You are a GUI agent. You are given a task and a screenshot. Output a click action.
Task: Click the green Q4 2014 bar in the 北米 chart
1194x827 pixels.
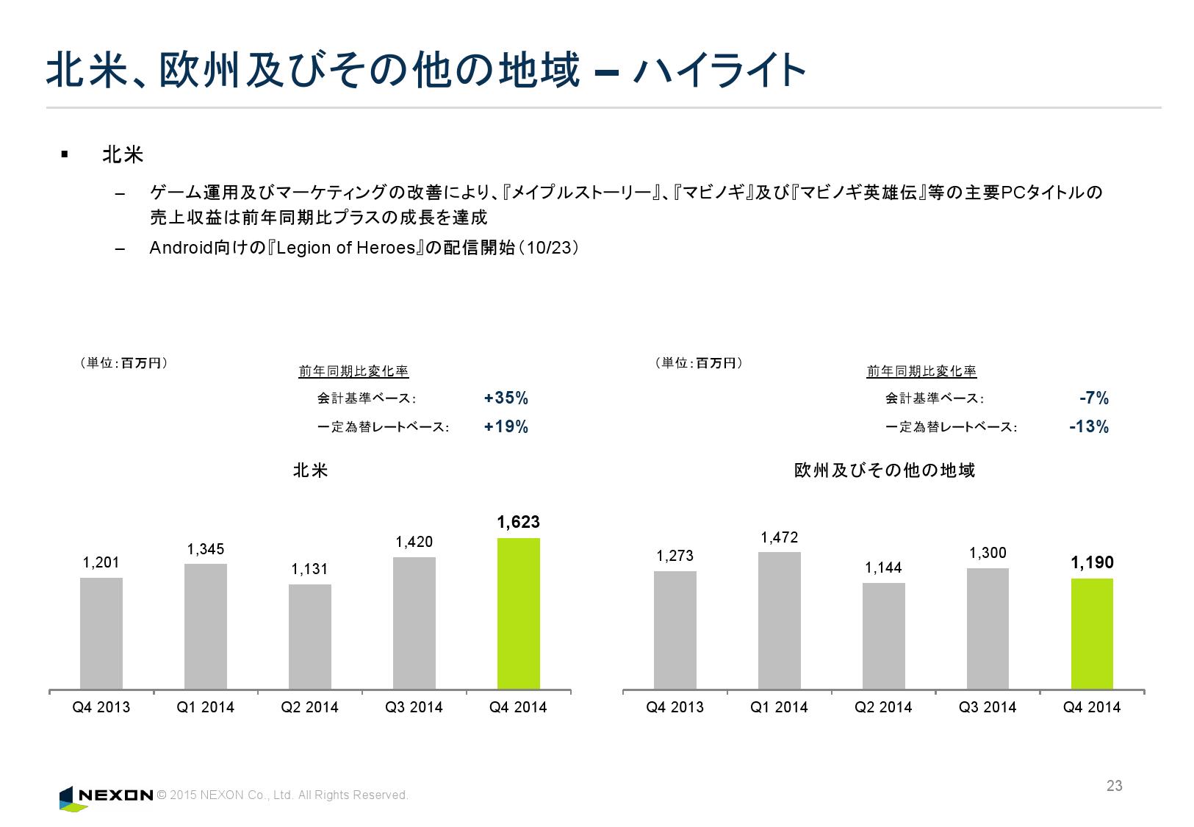(518, 614)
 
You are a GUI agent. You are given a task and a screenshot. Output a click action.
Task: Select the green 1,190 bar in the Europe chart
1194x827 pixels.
(1092, 634)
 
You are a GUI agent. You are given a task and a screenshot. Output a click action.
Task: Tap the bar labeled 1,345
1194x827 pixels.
(206, 626)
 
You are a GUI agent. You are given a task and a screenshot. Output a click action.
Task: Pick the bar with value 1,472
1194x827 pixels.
(779, 620)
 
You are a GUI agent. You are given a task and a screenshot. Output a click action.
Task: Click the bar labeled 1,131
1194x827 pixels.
(310, 637)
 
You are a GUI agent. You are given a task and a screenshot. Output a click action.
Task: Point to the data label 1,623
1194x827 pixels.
(518, 523)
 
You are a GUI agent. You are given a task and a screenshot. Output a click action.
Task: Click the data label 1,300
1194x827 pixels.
(988, 554)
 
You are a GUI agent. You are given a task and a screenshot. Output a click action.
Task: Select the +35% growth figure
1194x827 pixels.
(506, 398)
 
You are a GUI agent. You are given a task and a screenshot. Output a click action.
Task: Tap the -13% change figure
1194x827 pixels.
(1088, 427)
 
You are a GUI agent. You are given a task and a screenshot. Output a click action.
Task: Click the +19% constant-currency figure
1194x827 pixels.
(506, 427)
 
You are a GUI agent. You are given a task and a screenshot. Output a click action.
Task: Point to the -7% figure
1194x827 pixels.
(1093, 398)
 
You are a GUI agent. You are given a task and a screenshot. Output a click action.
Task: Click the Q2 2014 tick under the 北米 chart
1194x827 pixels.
(310, 707)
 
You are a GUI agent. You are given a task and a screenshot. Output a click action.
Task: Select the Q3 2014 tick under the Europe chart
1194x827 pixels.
(988, 707)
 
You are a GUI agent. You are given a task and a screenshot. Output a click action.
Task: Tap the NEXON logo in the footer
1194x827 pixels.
(107, 796)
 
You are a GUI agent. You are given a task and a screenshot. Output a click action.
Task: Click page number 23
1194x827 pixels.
(1114, 786)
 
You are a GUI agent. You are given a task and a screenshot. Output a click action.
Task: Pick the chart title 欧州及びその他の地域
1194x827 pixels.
(885, 470)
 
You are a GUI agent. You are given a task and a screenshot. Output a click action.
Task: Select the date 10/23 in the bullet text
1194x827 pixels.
(548, 248)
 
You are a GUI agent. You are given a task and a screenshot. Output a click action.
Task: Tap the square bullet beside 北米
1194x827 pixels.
(65, 154)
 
